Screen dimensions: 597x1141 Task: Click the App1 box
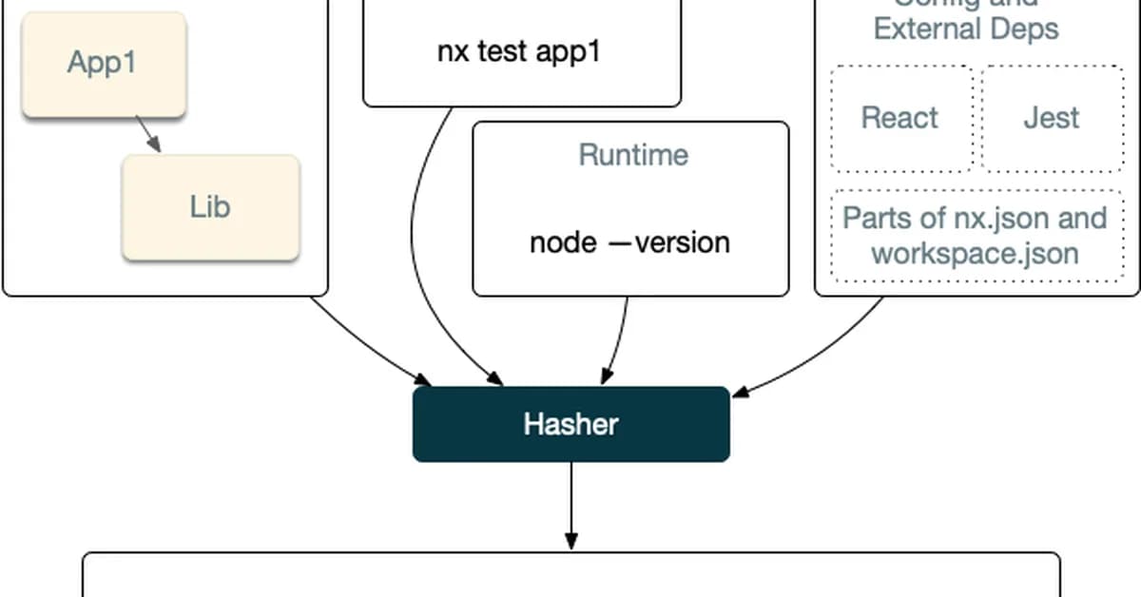pos(103,64)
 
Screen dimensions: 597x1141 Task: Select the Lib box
pos(210,207)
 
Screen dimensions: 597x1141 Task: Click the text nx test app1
pos(518,51)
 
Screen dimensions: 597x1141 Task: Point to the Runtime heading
pos(633,155)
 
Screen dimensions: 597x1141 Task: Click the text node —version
pos(629,242)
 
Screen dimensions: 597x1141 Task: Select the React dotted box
pos(899,118)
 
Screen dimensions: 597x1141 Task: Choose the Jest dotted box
pos(1051,118)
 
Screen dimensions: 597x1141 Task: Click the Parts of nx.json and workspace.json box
pos(976,236)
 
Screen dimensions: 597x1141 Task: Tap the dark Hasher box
pos(570,424)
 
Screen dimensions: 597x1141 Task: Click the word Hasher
pos(570,424)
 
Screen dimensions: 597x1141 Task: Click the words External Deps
pos(966,29)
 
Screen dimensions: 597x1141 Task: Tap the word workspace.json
pos(975,254)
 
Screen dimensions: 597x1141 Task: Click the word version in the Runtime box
pos(682,242)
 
